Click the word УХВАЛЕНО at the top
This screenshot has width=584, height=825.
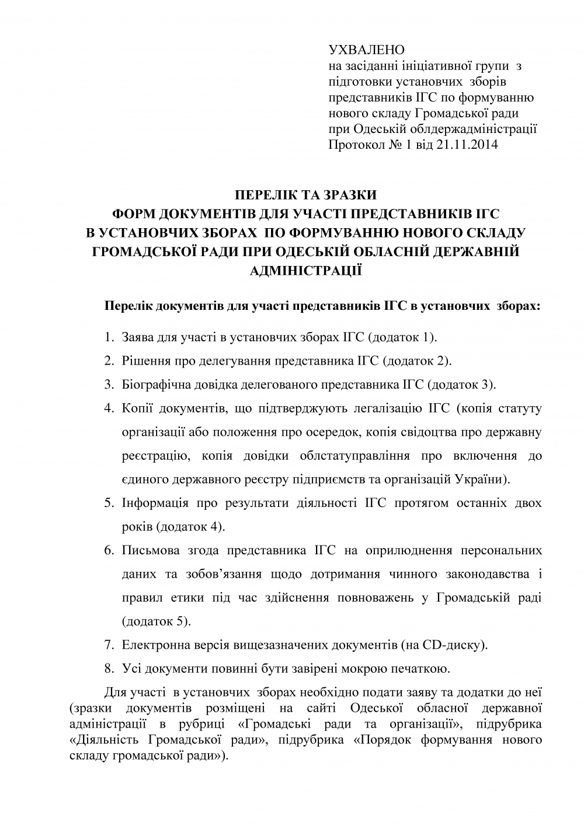tap(367, 50)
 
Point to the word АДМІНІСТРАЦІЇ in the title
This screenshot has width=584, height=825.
tap(305, 270)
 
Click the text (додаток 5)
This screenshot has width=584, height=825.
tap(157, 621)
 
